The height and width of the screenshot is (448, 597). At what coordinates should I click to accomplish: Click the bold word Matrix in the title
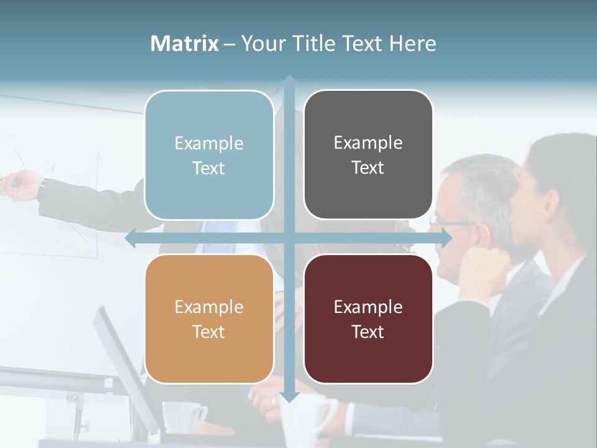[x=185, y=44]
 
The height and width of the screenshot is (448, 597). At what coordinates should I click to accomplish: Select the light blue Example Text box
[x=209, y=155]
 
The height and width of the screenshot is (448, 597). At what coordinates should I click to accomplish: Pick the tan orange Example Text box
[x=209, y=319]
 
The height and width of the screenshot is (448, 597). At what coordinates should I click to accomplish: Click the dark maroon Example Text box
[x=368, y=319]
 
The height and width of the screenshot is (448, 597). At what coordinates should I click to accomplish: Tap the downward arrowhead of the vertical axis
[x=289, y=396]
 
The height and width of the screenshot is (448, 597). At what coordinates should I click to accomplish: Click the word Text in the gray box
[x=368, y=167]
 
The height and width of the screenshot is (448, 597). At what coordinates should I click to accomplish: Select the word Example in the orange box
[x=209, y=307]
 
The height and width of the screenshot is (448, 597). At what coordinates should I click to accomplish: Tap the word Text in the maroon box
[x=368, y=332]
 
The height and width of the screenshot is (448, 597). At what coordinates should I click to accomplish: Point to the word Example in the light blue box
[x=209, y=143]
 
